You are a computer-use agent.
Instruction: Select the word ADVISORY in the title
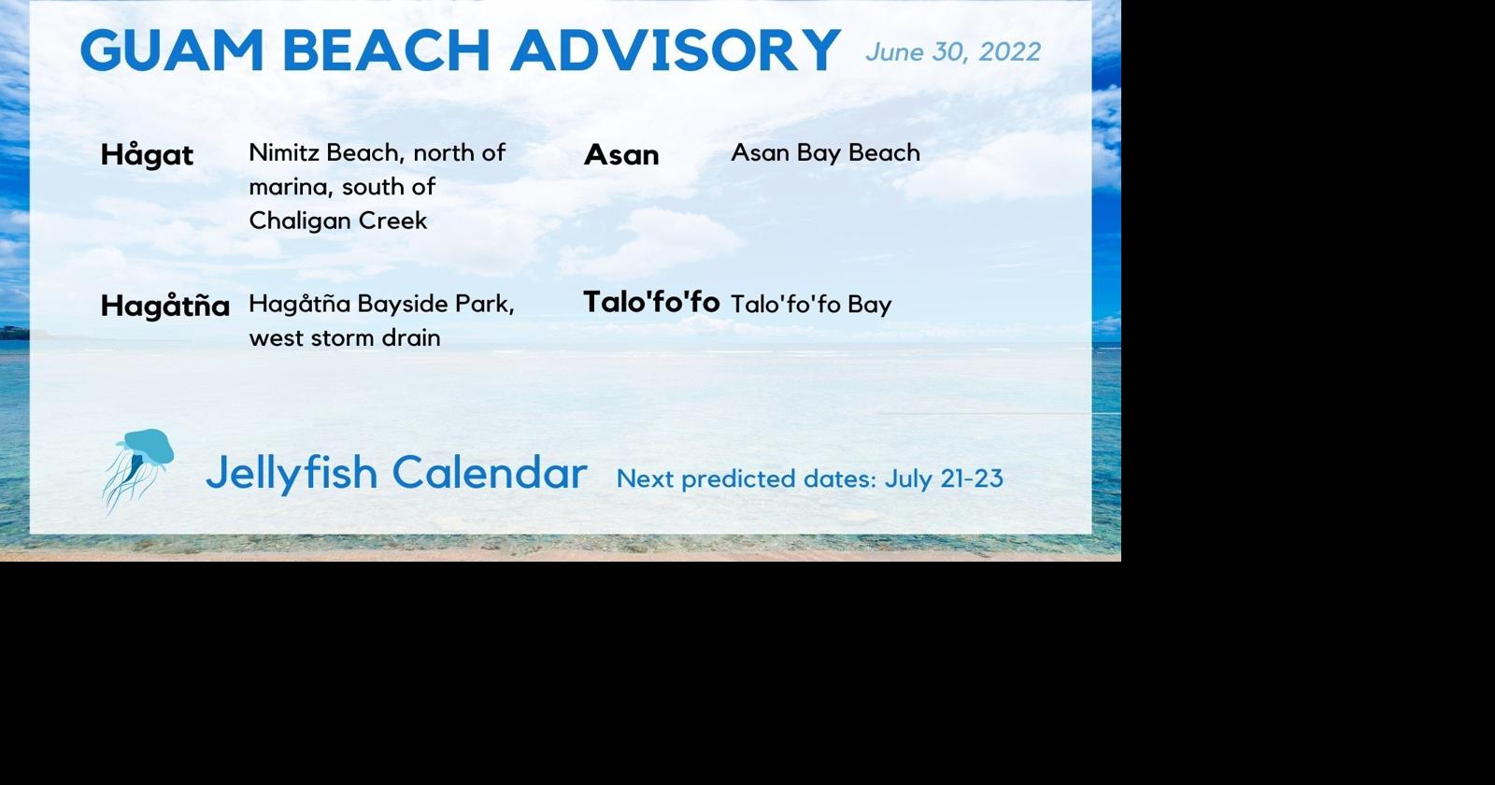click(x=675, y=50)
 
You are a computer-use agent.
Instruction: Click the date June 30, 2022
click(x=952, y=52)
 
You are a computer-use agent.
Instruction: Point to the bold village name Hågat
click(x=147, y=155)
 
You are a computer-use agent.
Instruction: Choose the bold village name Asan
click(x=621, y=155)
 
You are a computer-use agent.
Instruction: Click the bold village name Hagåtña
click(x=164, y=306)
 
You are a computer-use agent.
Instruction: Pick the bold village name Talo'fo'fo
click(x=651, y=302)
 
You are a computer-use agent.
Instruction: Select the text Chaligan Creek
click(x=337, y=221)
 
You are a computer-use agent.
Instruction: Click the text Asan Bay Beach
click(x=825, y=152)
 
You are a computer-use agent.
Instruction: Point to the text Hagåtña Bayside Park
click(x=380, y=305)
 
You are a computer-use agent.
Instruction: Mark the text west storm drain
click(x=344, y=337)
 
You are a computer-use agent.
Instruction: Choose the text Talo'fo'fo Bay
click(x=810, y=305)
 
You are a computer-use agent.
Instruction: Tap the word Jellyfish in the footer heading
click(x=291, y=473)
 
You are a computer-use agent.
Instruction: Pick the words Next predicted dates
click(x=746, y=478)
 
